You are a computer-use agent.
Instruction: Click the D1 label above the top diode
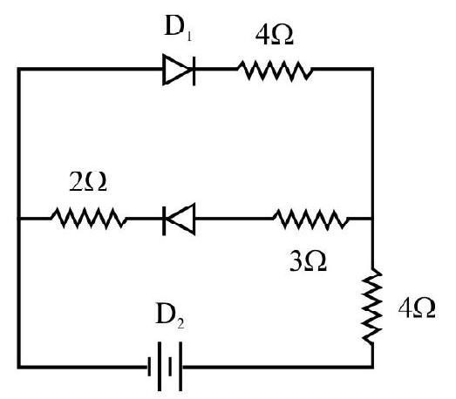coord(178,28)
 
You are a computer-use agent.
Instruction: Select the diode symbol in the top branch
coord(179,70)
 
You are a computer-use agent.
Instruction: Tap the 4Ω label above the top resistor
coord(274,36)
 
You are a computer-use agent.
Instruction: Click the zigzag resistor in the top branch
coord(275,70)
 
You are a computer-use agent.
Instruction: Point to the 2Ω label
coord(88,182)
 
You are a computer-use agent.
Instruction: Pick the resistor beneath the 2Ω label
coord(89,218)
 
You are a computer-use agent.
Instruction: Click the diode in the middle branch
coord(179,220)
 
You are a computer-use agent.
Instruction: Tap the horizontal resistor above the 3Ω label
coord(311,219)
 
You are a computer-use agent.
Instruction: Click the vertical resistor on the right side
coord(372,306)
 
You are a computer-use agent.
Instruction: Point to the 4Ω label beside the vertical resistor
coord(417,308)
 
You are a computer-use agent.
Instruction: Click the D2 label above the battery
coord(170,316)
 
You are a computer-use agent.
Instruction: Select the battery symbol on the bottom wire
coord(165,367)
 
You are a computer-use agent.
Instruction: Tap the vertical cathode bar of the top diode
coord(194,70)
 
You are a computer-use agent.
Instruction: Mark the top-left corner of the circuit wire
coord(19,69)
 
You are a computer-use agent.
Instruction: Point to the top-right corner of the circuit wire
coord(372,69)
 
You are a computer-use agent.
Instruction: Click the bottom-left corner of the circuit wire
coord(19,367)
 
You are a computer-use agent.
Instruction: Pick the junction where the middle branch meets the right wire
coord(372,218)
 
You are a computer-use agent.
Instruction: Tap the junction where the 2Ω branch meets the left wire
coord(19,218)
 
